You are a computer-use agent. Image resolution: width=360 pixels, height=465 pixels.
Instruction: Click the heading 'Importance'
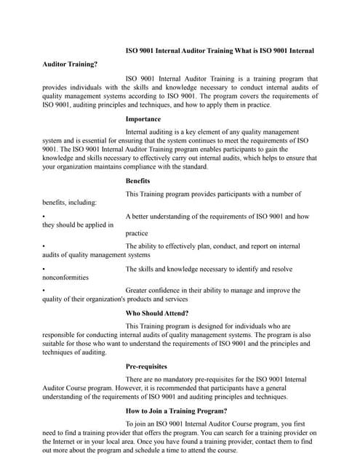[143, 118]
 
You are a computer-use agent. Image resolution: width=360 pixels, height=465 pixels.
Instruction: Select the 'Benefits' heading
[138, 180]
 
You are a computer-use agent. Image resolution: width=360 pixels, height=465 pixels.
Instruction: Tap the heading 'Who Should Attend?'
[157, 313]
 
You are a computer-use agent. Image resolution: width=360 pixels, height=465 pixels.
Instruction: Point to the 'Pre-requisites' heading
[146, 366]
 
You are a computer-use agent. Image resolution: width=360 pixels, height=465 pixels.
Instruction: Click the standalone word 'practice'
[137, 233]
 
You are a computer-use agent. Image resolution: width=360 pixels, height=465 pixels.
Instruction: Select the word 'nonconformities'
[65, 277]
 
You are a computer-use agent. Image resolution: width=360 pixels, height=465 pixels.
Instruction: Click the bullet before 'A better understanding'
[44, 217]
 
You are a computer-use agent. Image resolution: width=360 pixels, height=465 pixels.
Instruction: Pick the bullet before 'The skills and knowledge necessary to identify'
[44, 269]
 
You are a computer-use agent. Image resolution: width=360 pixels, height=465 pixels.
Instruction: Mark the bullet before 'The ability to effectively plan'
[44, 247]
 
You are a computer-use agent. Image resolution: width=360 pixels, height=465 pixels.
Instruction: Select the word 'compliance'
[148, 166]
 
